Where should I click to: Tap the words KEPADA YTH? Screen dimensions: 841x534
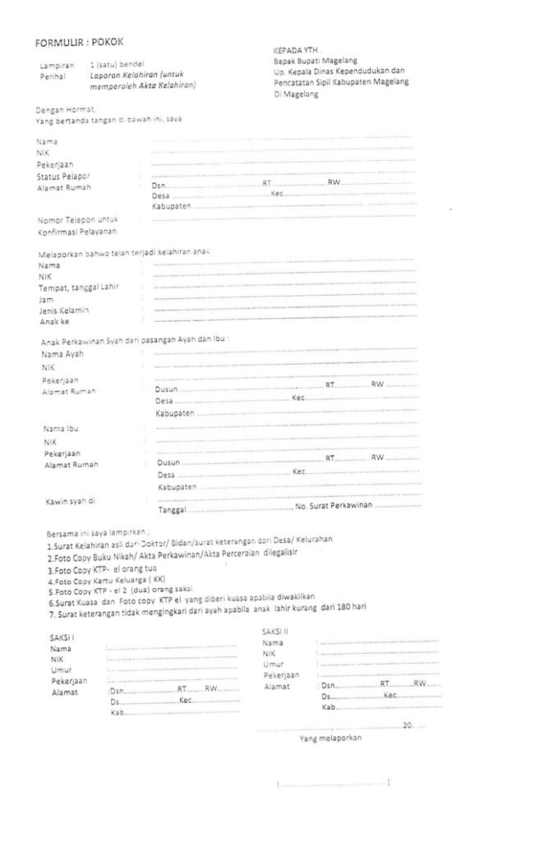coord(296,49)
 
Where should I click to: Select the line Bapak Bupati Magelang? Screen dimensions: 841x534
coord(315,60)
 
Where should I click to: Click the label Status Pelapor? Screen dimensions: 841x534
coord(62,176)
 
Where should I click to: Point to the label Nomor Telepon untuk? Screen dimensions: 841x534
coord(79,220)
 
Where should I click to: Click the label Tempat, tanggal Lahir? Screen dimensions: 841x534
coord(84,288)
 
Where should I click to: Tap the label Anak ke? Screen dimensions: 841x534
coord(53,322)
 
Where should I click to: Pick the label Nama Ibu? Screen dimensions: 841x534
coord(61,429)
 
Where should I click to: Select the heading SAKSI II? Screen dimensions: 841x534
coord(276,631)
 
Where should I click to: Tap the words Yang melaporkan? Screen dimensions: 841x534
coord(330,738)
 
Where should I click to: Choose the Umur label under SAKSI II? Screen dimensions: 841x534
coord(274,664)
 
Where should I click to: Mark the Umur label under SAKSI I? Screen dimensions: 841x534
coord(61,670)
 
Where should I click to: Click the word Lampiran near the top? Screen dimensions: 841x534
coord(57,64)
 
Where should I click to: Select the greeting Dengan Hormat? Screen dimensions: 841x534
coord(67,109)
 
